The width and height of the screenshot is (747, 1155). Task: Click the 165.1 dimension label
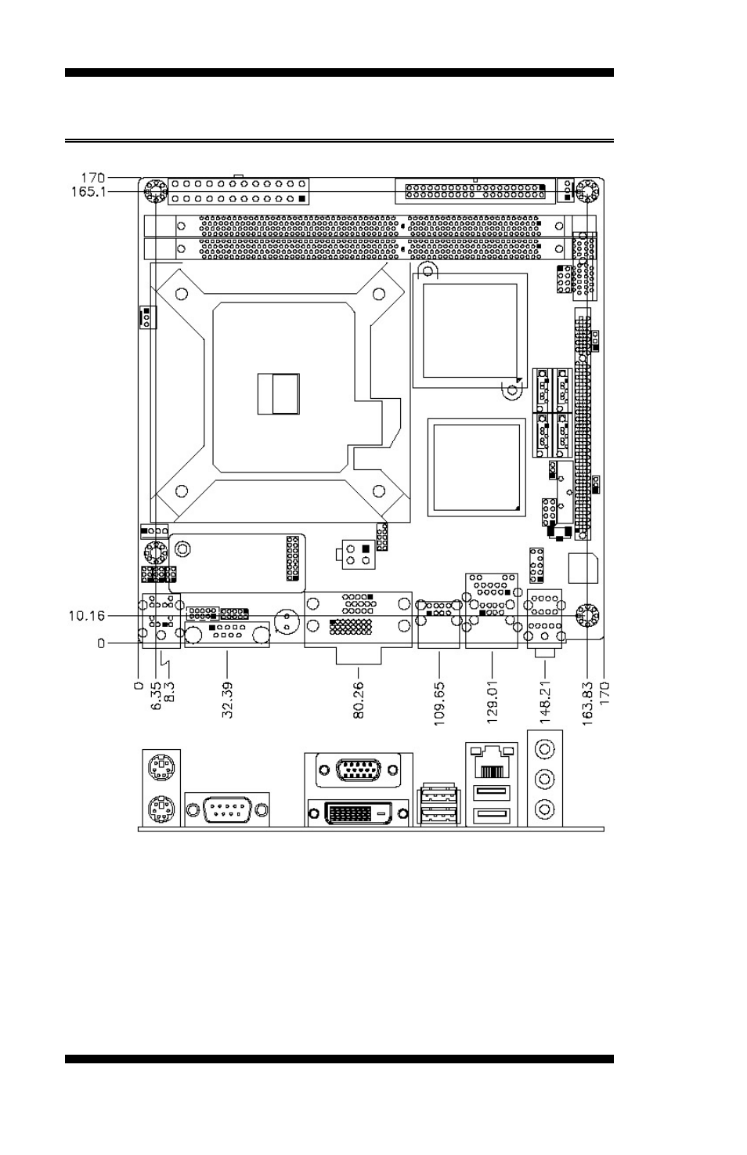pos(88,191)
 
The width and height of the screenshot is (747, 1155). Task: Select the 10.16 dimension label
pos(86,616)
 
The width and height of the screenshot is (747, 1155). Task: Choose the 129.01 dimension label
pos(493,703)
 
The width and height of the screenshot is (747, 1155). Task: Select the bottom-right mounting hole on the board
pos(586,617)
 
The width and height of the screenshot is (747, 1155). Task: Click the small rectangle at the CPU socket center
pos(279,393)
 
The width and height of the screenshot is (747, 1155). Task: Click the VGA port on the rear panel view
pos(359,770)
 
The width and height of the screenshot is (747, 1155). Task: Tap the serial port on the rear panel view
pos(227,809)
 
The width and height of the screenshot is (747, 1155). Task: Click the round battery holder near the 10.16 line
pos(289,625)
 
